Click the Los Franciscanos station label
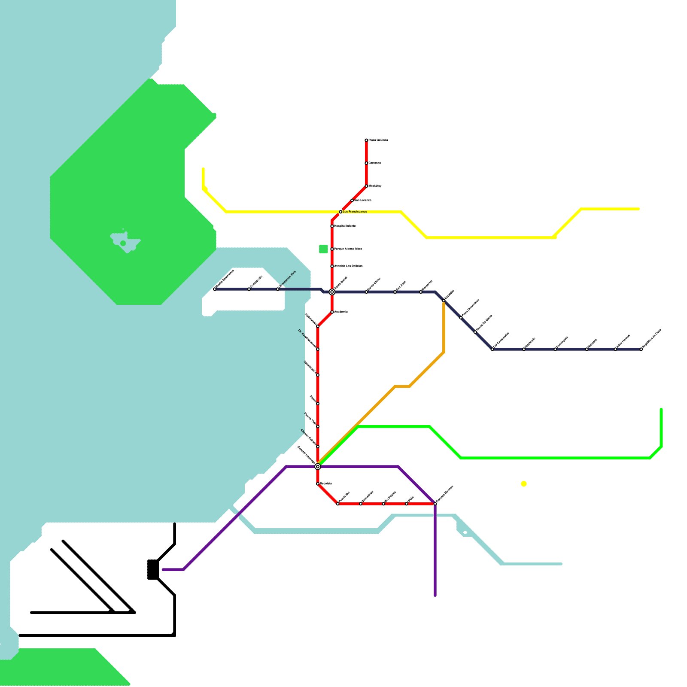click(355, 212)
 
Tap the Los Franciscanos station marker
click(340, 212)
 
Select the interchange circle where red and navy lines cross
click(332, 292)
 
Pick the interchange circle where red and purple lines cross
click(318, 466)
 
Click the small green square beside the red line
click(323, 249)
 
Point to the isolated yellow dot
click(523, 484)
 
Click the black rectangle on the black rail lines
click(153, 569)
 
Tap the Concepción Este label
click(287, 280)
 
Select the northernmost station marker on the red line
click(366, 140)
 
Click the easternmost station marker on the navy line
click(641, 349)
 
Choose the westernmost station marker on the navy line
click(215, 289)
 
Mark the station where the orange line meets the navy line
click(444, 301)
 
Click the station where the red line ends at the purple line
click(435, 504)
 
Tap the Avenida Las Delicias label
click(348, 266)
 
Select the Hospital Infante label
click(345, 226)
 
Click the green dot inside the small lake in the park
click(123, 243)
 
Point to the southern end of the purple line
click(435, 596)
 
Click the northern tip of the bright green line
click(661, 410)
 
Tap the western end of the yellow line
click(203, 169)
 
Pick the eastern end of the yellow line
click(638, 209)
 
